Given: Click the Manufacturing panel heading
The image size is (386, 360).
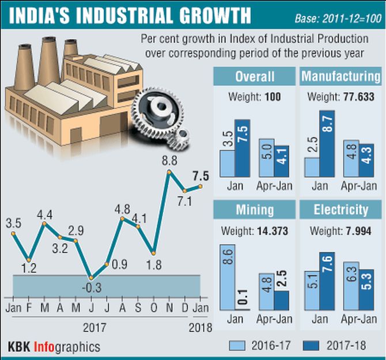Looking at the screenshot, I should (341, 77).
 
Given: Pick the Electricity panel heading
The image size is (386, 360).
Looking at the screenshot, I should (341, 209).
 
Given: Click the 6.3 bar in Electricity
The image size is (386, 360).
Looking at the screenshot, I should (351, 286).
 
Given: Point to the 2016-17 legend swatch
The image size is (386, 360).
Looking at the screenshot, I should (237, 345).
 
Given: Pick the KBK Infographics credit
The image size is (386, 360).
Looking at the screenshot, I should (54, 347).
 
